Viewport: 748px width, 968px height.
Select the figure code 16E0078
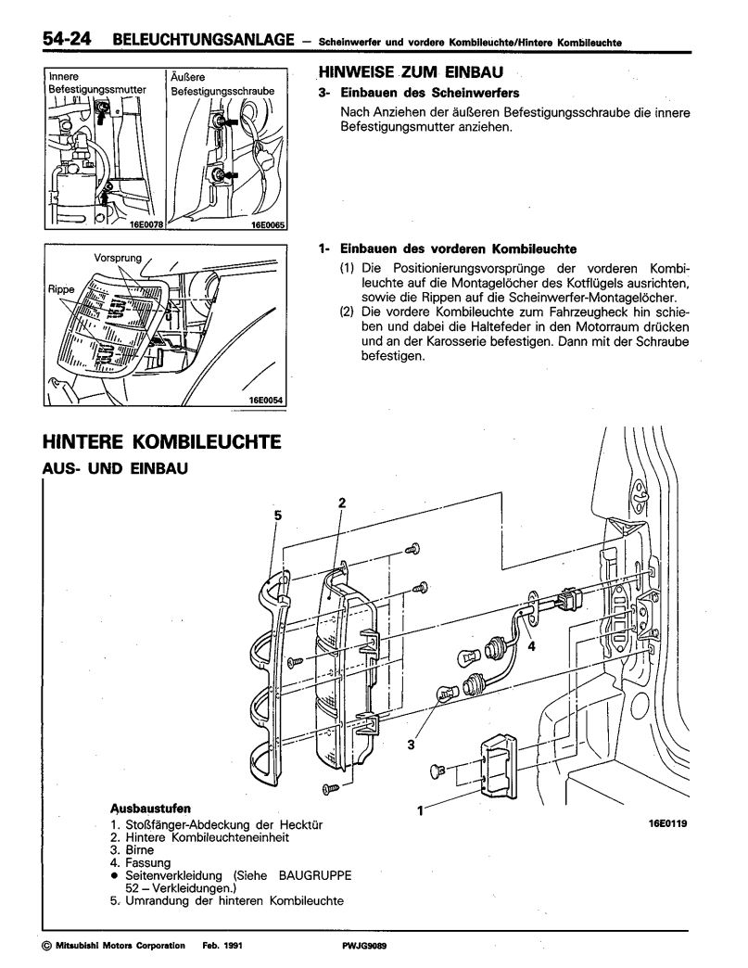coord(140,223)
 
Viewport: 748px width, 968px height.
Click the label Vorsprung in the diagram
coord(115,256)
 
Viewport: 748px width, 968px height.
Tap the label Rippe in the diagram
coord(60,288)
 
